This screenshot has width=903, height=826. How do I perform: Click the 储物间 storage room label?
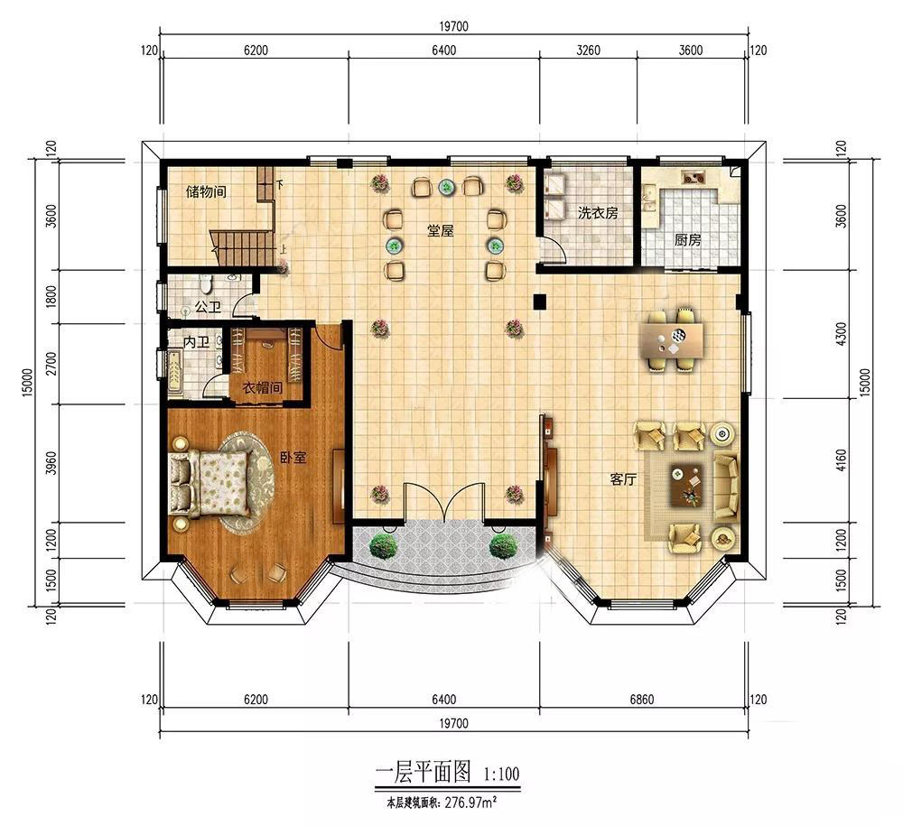pyautogui.click(x=206, y=191)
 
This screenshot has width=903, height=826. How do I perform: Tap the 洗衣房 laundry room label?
pyautogui.click(x=598, y=213)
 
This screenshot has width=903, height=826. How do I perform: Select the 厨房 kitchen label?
pyautogui.click(x=687, y=239)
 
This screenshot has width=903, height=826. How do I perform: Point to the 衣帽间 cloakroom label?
pyautogui.click(x=263, y=387)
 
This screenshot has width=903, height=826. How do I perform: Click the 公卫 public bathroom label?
pyautogui.click(x=208, y=307)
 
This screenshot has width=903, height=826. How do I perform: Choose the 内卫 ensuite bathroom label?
pyautogui.click(x=196, y=342)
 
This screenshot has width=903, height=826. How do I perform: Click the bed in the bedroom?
pyautogui.click(x=210, y=482)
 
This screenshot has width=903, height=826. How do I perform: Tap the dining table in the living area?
pyautogui.click(x=673, y=340)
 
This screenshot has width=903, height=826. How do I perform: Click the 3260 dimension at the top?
pyautogui.click(x=588, y=50)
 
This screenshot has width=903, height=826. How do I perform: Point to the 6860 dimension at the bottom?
pyautogui.click(x=641, y=700)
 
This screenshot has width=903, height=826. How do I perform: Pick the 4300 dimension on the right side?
pyautogui.click(x=841, y=334)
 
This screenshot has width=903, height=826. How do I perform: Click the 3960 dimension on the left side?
pyautogui.click(x=51, y=463)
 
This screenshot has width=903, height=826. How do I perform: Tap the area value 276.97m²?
pyautogui.click(x=470, y=802)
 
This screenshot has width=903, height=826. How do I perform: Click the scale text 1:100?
pyautogui.click(x=501, y=773)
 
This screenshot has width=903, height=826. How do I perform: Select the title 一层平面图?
pyautogui.click(x=424, y=771)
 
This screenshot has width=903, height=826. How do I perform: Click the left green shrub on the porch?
pyautogui.click(x=383, y=545)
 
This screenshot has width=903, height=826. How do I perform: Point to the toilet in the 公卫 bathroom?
pyautogui.click(x=206, y=283)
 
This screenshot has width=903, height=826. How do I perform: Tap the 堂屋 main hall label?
pyautogui.click(x=441, y=231)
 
